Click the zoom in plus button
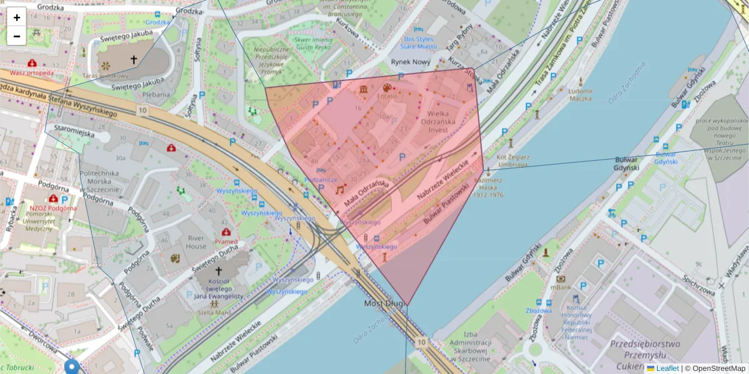pyautogui.click(x=16, y=17)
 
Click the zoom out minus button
pyautogui.click(x=16, y=36)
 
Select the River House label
pyautogui.click(x=196, y=242)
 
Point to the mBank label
pyautogui.click(x=561, y=288)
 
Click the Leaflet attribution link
pyautogui.click(x=667, y=368)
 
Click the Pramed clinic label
pyautogui.click(x=226, y=241)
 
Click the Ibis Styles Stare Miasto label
pyautogui.click(x=418, y=42)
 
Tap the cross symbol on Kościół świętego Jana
pyautogui.click(x=218, y=272)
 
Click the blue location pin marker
pyautogui.click(x=72, y=367)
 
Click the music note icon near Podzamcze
pyautogui.click(x=340, y=189)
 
